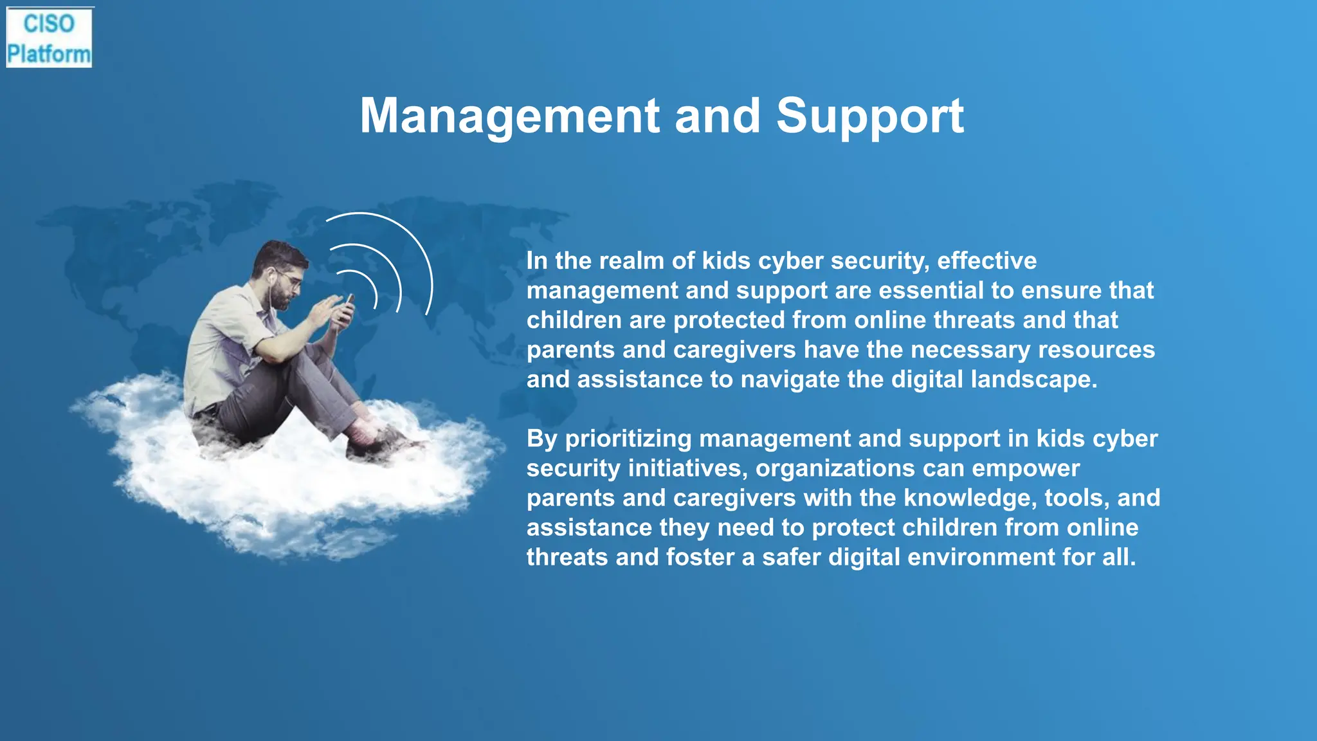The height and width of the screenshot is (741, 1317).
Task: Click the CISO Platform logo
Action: pyautogui.click(x=49, y=38)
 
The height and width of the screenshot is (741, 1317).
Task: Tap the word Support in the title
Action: pyautogui.click(x=869, y=116)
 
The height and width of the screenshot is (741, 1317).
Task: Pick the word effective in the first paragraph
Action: pyautogui.click(x=986, y=261)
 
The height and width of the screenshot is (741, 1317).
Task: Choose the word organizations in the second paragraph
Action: pyautogui.click(x=835, y=468)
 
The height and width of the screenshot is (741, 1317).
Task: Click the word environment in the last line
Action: pyautogui.click(x=981, y=557)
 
